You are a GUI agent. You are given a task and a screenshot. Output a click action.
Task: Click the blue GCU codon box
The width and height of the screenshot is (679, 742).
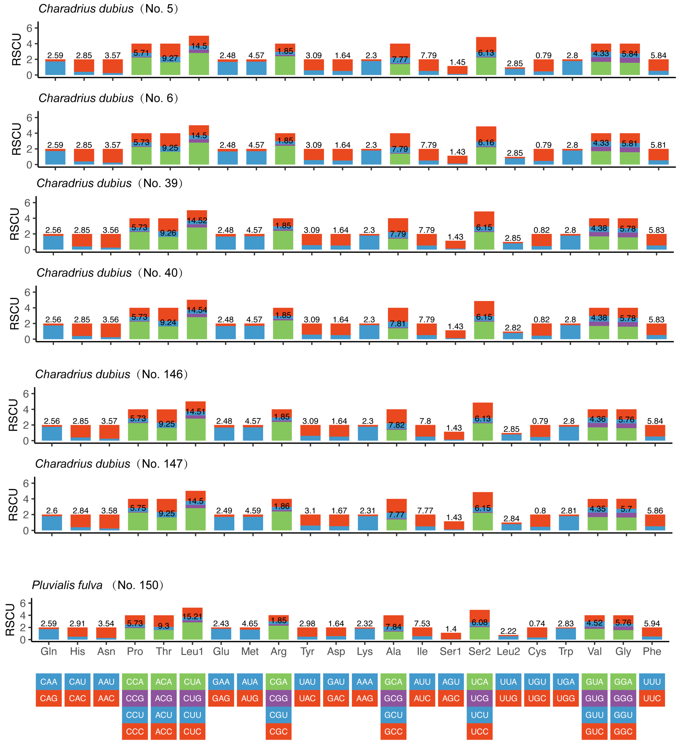393,715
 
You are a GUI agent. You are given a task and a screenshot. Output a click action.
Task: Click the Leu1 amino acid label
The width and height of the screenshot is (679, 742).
192,651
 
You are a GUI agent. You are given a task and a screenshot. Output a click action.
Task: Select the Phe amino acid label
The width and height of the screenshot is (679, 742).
652,651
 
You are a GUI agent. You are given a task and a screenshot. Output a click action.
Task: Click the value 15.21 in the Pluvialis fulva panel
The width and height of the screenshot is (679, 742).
192,616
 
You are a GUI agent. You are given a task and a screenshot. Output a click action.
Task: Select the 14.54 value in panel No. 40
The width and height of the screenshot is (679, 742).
197,310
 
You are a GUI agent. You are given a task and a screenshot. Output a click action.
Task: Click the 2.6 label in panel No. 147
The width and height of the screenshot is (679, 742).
52,510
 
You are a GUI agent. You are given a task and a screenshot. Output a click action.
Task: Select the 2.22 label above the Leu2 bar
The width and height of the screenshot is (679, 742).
508,631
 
